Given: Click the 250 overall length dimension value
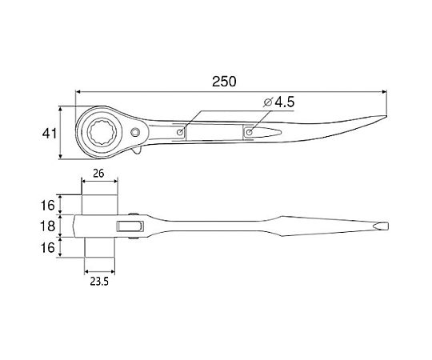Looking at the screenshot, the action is click(224, 82).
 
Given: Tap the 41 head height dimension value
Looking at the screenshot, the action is click(50, 134).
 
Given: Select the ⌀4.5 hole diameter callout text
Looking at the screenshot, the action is click(279, 102).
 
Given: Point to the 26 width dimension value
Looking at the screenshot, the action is click(98, 174).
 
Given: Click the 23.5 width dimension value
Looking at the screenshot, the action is click(99, 282).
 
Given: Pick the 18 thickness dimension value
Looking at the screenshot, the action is click(48, 226).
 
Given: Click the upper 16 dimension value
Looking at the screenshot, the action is click(48, 206).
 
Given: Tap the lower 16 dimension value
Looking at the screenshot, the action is click(48, 248).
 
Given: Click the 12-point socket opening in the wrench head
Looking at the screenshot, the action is click(105, 132).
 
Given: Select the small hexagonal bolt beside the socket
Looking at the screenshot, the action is click(135, 133).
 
